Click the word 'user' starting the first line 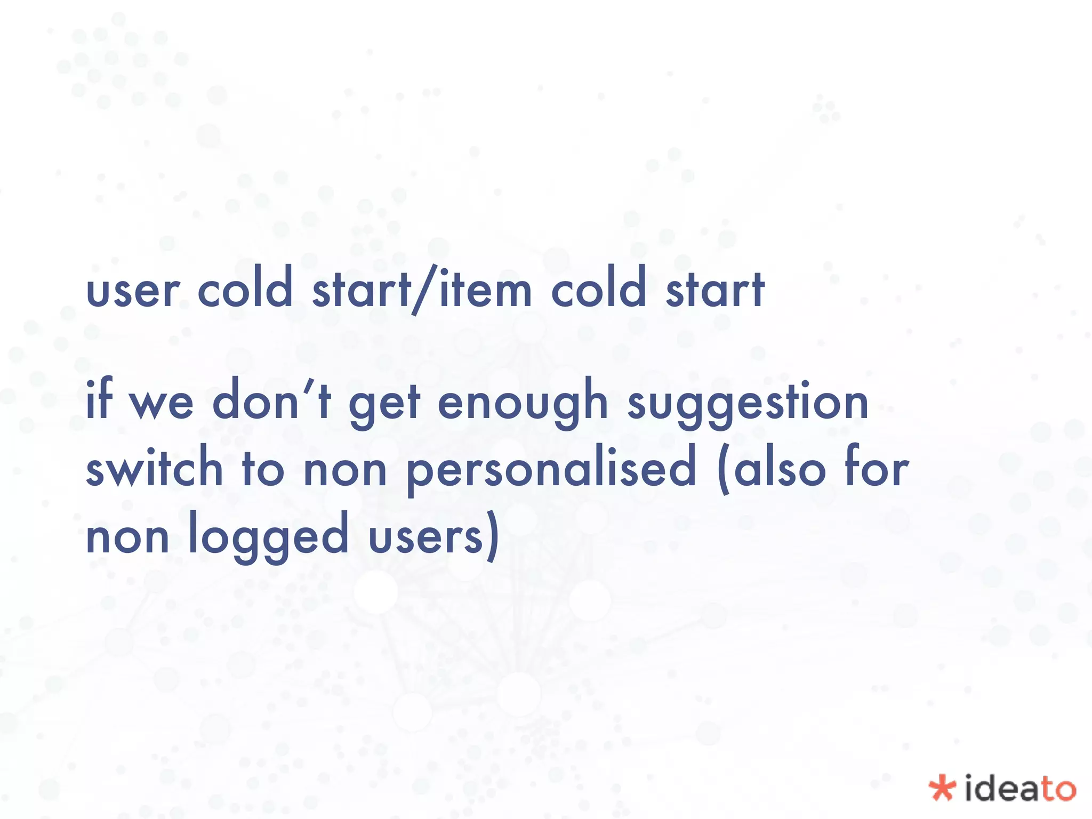132,291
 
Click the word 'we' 162,404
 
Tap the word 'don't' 272,400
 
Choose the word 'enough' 523,403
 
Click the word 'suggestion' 748,404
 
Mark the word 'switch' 154,467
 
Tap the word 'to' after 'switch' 263,469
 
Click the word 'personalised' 552,469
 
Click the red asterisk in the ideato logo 942,788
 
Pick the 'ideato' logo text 1019,788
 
